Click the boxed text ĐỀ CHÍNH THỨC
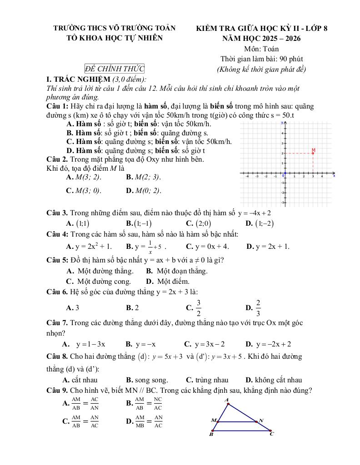coord(114,69)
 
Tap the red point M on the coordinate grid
coord(313,153)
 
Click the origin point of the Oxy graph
coord(284,174)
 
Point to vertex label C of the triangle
coord(272,434)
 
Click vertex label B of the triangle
coord(211,434)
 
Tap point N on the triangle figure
coord(260,420)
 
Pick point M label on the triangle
coord(213,420)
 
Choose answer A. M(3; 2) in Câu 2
coord(84,177)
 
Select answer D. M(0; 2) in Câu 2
coord(144,190)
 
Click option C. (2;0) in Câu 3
coord(198,223)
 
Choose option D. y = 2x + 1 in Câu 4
coord(267,247)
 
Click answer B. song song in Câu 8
coord(147,380)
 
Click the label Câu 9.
coord(57,391)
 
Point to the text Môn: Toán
coord(261,49)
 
